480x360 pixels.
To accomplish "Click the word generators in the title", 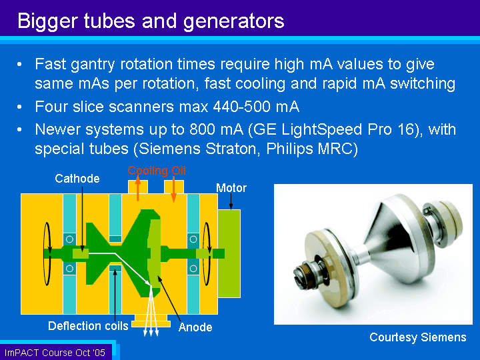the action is coord(234,22).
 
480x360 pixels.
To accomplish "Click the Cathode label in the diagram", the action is coord(77,179).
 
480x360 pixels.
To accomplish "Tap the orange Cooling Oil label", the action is coord(157,171).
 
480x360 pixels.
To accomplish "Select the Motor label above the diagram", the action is coord(231,188).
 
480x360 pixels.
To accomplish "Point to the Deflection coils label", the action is coord(88,326).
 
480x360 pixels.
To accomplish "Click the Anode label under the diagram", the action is coord(195,327).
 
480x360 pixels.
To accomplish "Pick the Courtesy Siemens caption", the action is coord(418,337).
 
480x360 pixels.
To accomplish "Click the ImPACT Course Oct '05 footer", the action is coord(55,353).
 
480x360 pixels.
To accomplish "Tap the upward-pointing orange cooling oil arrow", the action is coord(138,189).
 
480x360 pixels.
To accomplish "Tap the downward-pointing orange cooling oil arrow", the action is coord(173,190).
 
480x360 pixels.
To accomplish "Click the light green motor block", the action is coord(229,253).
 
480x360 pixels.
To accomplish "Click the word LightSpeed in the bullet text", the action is coord(322,130).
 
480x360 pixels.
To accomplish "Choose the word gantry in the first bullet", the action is coord(93,65).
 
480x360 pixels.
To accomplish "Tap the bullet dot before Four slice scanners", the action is coord(19,107).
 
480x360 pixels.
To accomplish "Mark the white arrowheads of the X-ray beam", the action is coord(151,333).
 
